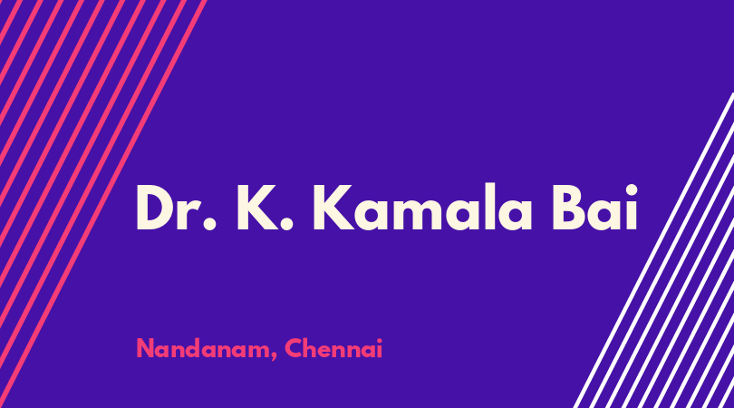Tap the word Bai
[594, 207]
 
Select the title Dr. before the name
[176, 207]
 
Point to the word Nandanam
[204, 348]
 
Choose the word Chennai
[333, 348]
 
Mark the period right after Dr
[209, 223]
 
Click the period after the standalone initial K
[286, 223]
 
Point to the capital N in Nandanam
[146, 348]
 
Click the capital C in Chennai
[294, 348]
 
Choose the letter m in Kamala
[417, 215]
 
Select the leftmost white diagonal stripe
[653, 250]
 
